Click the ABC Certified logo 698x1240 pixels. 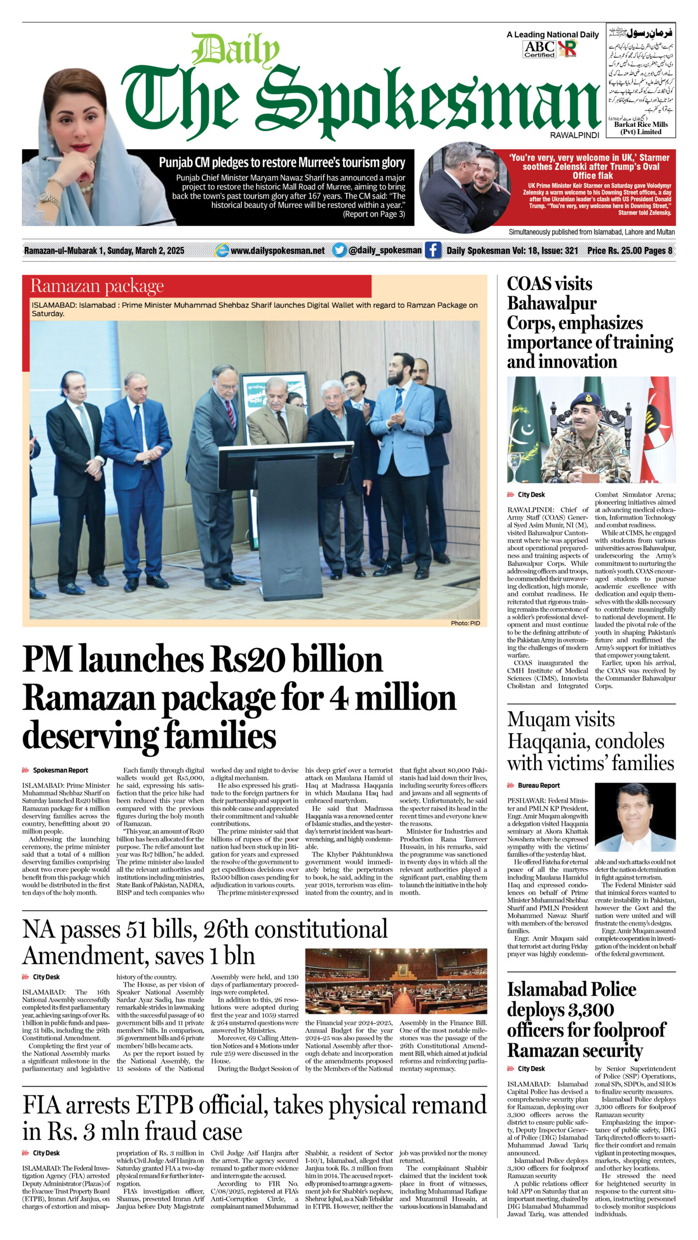(x=539, y=49)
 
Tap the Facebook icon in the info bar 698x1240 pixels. (x=433, y=250)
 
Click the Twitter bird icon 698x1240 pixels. (x=339, y=250)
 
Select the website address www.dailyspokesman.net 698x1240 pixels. (x=277, y=251)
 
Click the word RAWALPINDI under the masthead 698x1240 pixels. (x=574, y=136)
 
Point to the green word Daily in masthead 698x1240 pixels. (x=236, y=50)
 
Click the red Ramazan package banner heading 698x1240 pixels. (x=97, y=286)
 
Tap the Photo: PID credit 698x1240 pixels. (x=465, y=623)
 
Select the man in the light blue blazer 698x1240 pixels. (x=403, y=436)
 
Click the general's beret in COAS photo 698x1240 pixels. (x=586, y=401)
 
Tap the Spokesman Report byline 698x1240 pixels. (x=60, y=770)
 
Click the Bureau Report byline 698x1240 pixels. (x=538, y=786)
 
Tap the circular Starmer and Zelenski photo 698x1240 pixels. (x=464, y=188)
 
